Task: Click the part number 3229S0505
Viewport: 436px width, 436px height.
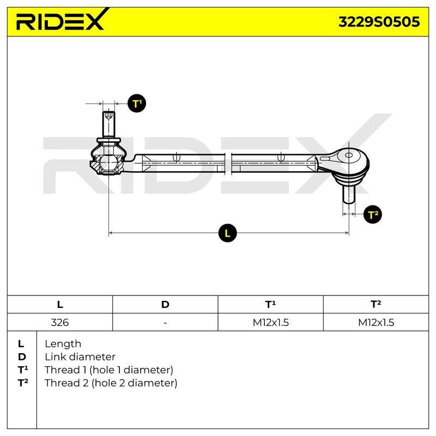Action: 379,22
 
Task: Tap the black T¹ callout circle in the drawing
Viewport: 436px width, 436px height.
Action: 137,104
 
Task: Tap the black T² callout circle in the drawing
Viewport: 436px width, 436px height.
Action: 373,214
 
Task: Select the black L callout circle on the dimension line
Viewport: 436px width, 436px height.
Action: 227,233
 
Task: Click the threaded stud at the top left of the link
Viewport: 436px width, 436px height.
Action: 108,125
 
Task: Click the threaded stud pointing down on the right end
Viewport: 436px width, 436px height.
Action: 349,194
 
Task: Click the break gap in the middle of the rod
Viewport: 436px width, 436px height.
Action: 228,164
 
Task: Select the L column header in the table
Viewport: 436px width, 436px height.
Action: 60,305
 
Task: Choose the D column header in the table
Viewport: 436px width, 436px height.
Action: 165,305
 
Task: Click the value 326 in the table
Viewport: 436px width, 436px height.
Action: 60,322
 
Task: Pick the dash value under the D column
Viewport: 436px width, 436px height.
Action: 165,323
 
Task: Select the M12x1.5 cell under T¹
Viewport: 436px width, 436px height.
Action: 270,322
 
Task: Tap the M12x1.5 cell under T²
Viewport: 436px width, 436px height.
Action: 376,322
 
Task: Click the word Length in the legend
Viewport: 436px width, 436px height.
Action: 63,344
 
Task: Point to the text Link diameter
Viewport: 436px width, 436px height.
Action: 80,357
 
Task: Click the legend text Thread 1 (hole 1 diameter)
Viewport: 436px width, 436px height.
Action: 108,370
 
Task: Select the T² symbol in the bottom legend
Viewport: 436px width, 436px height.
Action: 23,383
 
